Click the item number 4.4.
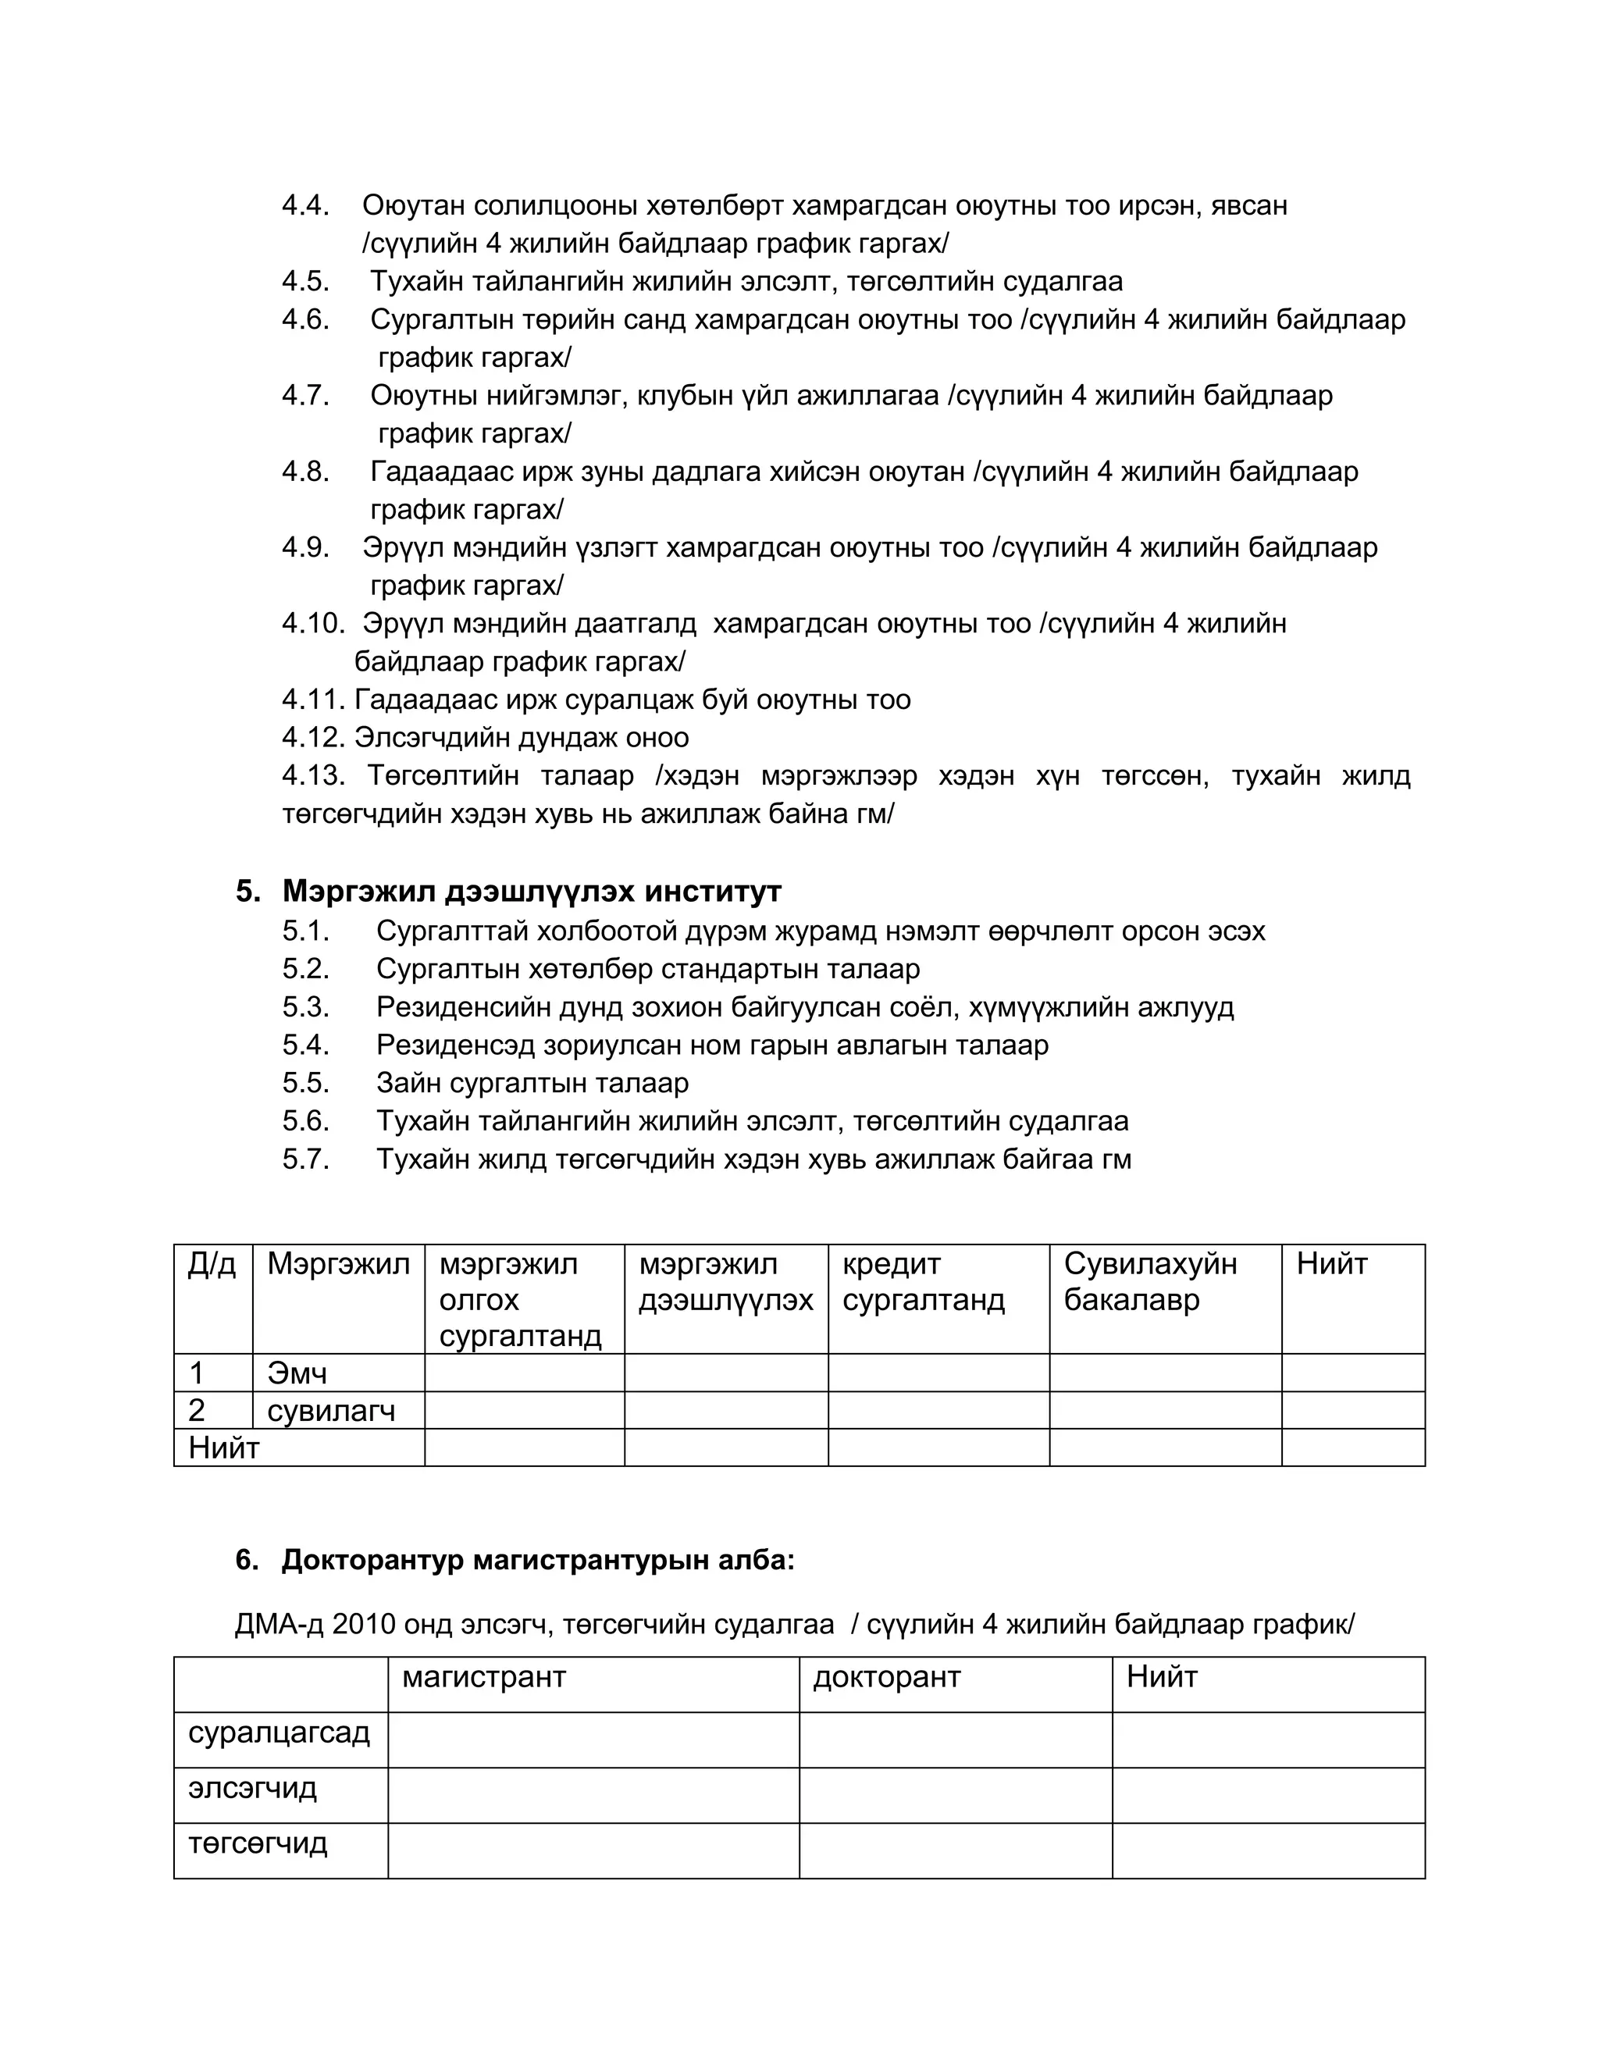coord(305,205)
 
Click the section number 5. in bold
coord(248,892)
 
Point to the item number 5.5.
coord(305,1083)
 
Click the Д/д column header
coord(212,1264)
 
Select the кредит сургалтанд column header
coord(923,1282)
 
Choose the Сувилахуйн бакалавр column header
coord(1149,1282)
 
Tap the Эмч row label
coord(297,1373)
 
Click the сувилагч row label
coord(330,1412)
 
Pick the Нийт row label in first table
coord(223,1448)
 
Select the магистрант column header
coord(483,1678)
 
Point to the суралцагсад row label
coord(279,1732)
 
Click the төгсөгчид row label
coord(258,1843)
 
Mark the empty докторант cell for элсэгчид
coord(954,1788)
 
